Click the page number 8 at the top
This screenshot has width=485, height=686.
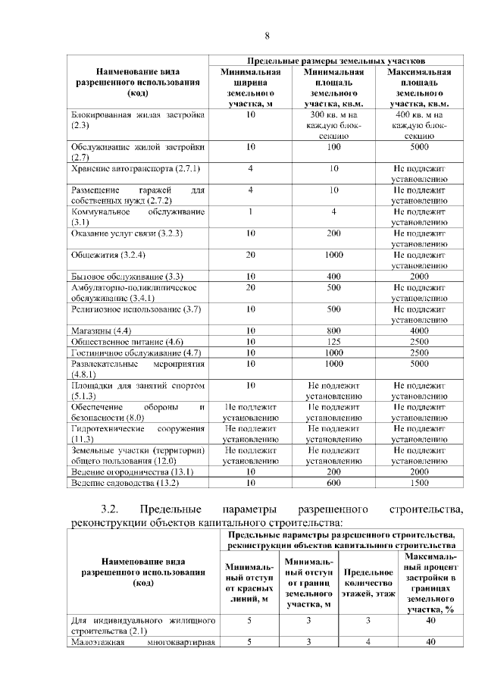(267, 36)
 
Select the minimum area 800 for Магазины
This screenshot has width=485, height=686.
(333, 331)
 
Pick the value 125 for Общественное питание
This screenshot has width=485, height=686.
(333, 342)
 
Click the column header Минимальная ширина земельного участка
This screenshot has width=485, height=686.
(251, 88)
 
